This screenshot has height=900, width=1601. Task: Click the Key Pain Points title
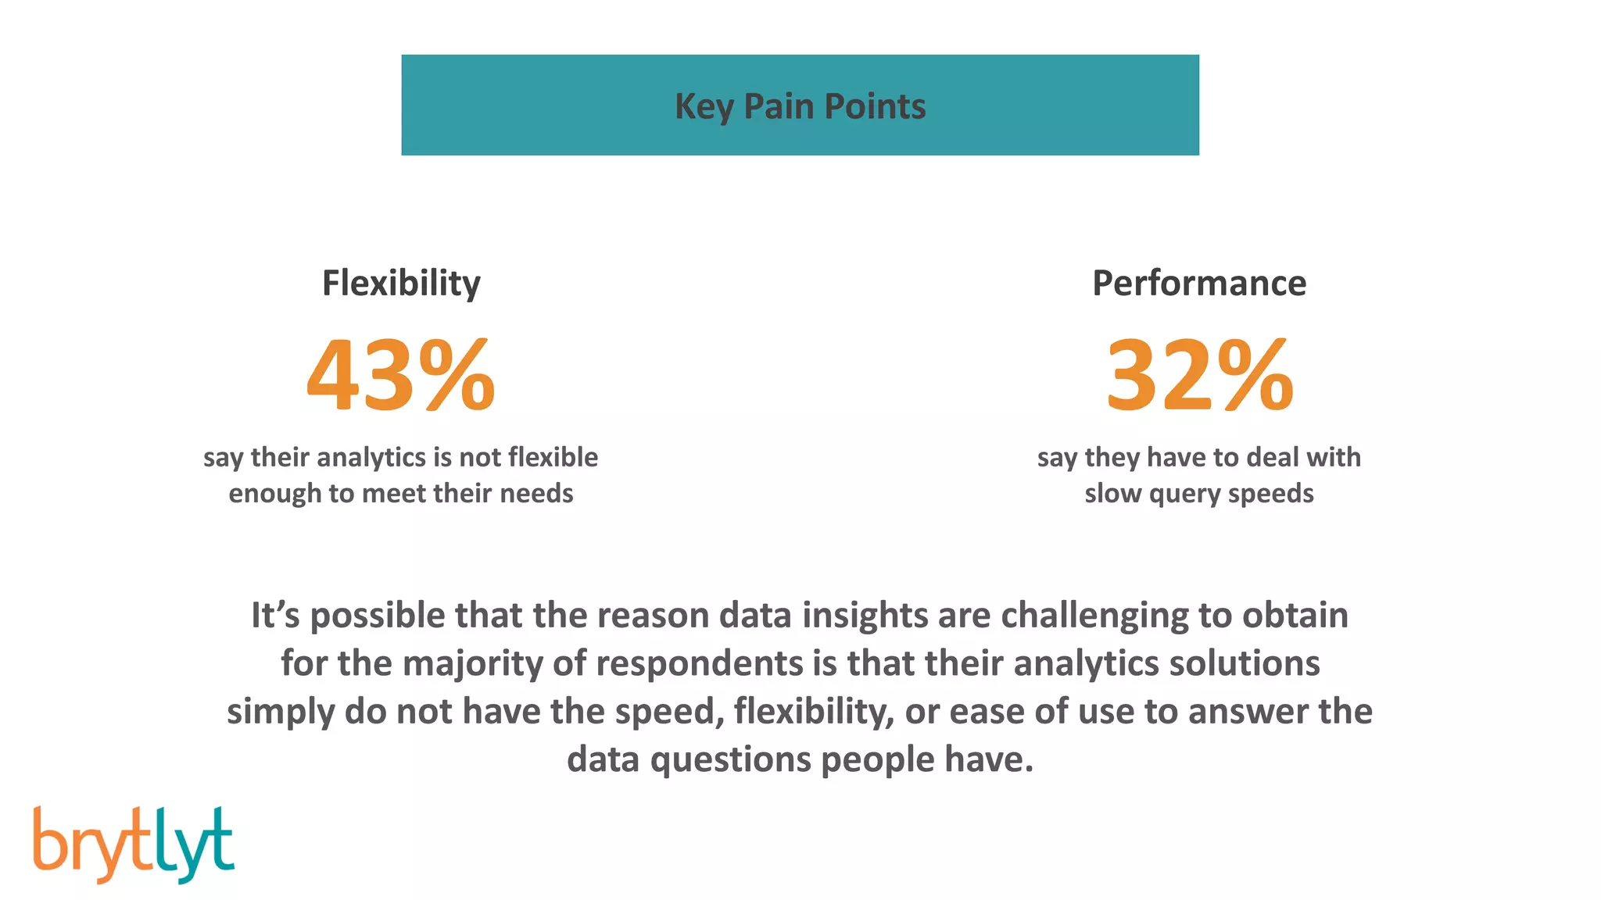click(x=800, y=106)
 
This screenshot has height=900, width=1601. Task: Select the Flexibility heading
click(x=401, y=283)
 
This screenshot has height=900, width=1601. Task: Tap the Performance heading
click(x=1198, y=283)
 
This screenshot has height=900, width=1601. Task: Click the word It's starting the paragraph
click(x=275, y=615)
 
